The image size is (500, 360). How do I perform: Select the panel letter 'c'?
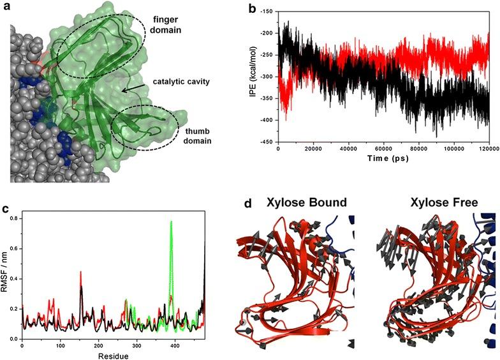tap(6, 208)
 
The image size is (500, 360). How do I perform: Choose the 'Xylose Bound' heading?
tap(305, 203)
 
